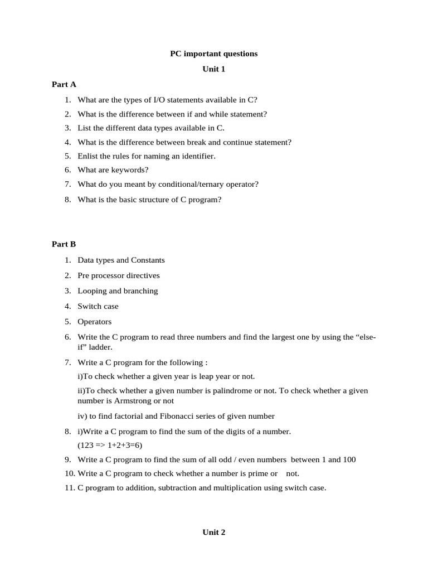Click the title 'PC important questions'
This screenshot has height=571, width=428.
(x=214, y=54)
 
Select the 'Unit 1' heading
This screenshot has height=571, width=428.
(x=214, y=69)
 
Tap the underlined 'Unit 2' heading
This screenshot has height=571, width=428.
(x=214, y=533)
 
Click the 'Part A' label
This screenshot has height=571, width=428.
(x=64, y=85)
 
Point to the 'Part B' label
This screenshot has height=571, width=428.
(x=64, y=244)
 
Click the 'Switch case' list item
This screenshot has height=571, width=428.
(x=98, y=306)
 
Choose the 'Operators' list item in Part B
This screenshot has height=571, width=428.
(x=95, y=322)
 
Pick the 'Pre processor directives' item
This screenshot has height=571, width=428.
(x=118, y=275)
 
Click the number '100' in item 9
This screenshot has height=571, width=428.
(x=349, y=460)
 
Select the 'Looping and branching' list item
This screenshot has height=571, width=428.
(x=118, y=291)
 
